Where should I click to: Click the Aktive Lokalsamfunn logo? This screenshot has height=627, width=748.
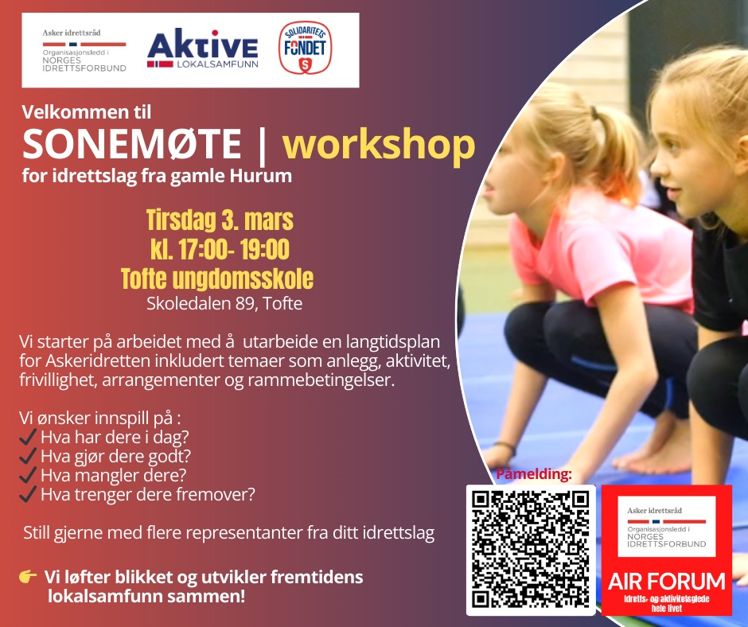click(x=203, y=49)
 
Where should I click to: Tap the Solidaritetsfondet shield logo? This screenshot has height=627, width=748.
click(x=305, y=48)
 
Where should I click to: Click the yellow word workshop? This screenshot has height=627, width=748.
click(x=379, y=144)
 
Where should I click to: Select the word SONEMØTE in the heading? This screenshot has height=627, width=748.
click(x=131, y=144)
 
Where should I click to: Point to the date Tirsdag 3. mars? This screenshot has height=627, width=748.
click(x=220, y=220)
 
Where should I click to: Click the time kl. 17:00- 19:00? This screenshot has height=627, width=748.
click(x=220, y=249)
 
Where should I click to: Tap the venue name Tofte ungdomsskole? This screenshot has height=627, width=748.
click(x=217, y=278)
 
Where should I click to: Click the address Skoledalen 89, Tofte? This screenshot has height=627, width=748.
click(x=224, y=303)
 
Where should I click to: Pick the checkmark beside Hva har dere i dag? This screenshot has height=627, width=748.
click(x=28, y=436)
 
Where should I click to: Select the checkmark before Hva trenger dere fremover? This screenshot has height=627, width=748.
click(x=28, y=494)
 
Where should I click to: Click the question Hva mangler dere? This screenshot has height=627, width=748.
click(x=114, y=475)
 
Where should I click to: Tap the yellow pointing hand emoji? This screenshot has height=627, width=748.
click(x=28, y=576)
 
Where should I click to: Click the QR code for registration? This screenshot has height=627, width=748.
click(x=531, y=550)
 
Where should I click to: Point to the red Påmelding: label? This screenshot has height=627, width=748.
click(x=534, y=474)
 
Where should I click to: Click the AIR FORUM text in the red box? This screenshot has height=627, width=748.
click(x=666, y=582)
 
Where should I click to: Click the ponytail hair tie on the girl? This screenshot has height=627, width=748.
click(x=594, y=113)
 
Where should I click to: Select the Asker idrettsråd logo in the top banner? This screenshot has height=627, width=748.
click(x=84, y=51)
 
